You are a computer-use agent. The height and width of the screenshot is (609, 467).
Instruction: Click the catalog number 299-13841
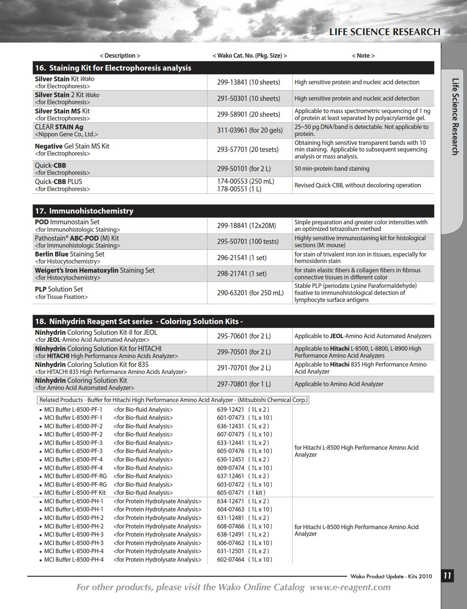pyautogui.click(x=232, y=82)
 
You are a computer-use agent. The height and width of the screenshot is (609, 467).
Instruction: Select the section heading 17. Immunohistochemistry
pyautogui.click(x=84, y=211)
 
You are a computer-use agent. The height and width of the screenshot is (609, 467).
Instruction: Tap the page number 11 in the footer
pyautogui.click(x=447, y=576)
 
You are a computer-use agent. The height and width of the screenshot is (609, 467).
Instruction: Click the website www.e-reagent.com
pyautogui.click(x=350, y=587)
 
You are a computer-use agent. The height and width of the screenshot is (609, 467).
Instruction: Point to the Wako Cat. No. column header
pyautogui.click(x=250, y=55)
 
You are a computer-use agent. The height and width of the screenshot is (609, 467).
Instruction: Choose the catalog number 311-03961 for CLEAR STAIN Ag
pyautogui.click(x=232, y=130)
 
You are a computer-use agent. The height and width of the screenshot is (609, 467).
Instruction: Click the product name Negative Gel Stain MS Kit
pyautogui.click(x=72, y=146)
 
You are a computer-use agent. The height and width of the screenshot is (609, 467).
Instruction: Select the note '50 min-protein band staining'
pyautogui.click(x=332, y=169)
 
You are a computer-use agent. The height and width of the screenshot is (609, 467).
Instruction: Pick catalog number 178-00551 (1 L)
pyautogui.click(x=232, y=189)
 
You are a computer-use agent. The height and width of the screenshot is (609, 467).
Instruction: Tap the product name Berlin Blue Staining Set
pyautogui.click(x=69, y=254)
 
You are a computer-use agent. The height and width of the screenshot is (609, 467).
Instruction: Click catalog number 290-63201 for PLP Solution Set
pyautogui.click(x=232, y=293)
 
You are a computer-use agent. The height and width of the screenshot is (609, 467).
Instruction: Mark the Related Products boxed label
pyautogui.click(x=173, y=400)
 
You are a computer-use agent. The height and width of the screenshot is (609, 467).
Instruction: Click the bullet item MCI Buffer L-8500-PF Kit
pyautogui.click(x=75, y=493)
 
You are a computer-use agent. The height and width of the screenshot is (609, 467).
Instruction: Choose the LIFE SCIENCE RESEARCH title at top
pyautogui.click(x=385, y=32)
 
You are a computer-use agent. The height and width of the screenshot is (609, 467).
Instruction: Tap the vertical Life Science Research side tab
pyautogui.click(x=456, y=116)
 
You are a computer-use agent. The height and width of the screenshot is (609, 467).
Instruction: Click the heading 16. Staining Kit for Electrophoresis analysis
pyautogui.click(x=113, y=68)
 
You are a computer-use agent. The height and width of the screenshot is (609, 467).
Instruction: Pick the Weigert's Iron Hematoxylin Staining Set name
pyautogui.click(x=95, y=271)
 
